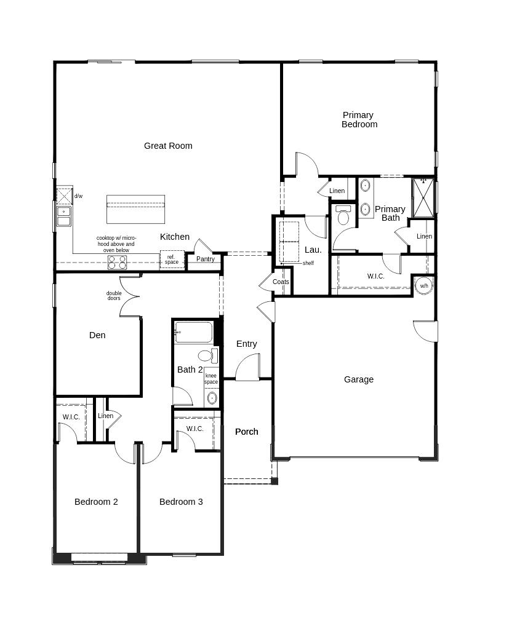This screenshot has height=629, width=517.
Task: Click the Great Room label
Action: (168, 146)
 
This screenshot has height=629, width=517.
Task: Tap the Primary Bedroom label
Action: (359, 119)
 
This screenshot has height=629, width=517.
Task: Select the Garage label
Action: (359, 379)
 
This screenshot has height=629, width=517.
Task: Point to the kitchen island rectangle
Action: (135, 209)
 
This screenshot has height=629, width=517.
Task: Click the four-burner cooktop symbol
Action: (117, 263)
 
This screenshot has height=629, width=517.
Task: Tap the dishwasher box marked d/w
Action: (64, 196)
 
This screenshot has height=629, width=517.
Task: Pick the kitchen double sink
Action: (64, 216)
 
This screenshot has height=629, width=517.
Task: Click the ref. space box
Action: (172, 259)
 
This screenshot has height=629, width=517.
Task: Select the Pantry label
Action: (206, 259)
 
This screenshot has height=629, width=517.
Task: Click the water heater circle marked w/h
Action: (424, 286)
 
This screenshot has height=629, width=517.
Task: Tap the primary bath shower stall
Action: (423, 198)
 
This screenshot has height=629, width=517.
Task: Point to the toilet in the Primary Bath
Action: (343, 215)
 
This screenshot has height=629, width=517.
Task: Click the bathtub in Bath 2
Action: (193, 332)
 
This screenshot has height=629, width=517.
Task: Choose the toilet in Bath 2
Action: (208, 355)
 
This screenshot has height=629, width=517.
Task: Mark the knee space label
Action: (211, 379)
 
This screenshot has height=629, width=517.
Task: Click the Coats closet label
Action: (281, 282)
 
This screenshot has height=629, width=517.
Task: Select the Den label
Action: (97, 335)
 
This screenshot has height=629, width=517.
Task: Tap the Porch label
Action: (246, 432)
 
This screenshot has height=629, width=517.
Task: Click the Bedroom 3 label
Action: (181, 502)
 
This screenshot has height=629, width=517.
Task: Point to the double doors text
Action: (114, 296)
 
